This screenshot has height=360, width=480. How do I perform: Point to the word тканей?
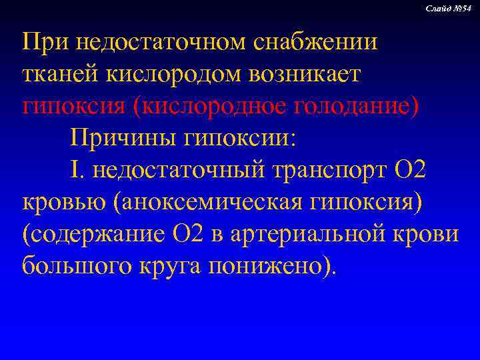(x=57, y=74)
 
